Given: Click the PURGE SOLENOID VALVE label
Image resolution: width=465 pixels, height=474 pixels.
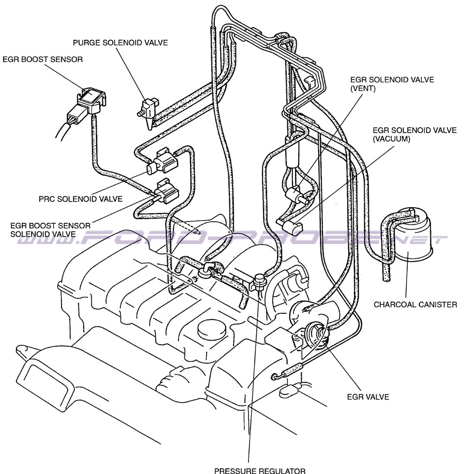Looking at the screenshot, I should tap(120, 43).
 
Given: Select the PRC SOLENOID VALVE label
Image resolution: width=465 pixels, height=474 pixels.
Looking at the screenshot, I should tap(81, 198).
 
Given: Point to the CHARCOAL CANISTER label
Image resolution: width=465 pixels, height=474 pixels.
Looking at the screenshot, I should tap(415, 304).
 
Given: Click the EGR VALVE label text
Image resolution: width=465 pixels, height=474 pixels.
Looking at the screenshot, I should tap(368, 397).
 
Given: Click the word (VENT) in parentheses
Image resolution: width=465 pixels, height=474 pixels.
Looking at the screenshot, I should tap(363, 89).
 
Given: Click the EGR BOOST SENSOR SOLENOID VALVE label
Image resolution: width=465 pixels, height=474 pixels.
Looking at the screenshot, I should tap(51, 230).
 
